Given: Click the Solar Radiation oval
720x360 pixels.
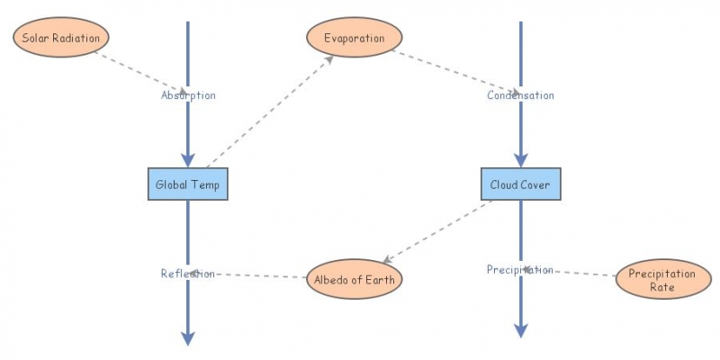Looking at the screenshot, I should point(60,38).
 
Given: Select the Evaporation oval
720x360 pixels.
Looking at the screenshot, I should point(354,38).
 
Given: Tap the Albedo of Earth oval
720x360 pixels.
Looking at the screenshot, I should point(354,279).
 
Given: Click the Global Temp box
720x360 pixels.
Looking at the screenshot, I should point(187,184).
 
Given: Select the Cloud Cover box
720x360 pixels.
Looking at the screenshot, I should point(520,184).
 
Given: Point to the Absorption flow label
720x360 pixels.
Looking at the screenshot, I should point(188,94).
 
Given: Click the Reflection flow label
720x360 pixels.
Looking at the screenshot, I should point(187,274).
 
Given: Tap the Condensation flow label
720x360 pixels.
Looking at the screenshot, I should point(520,94).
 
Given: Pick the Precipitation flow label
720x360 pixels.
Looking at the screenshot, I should point(520,269).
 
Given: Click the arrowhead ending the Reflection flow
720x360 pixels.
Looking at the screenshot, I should point(187,337).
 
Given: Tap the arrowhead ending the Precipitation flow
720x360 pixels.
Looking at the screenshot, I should point(520,330).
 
